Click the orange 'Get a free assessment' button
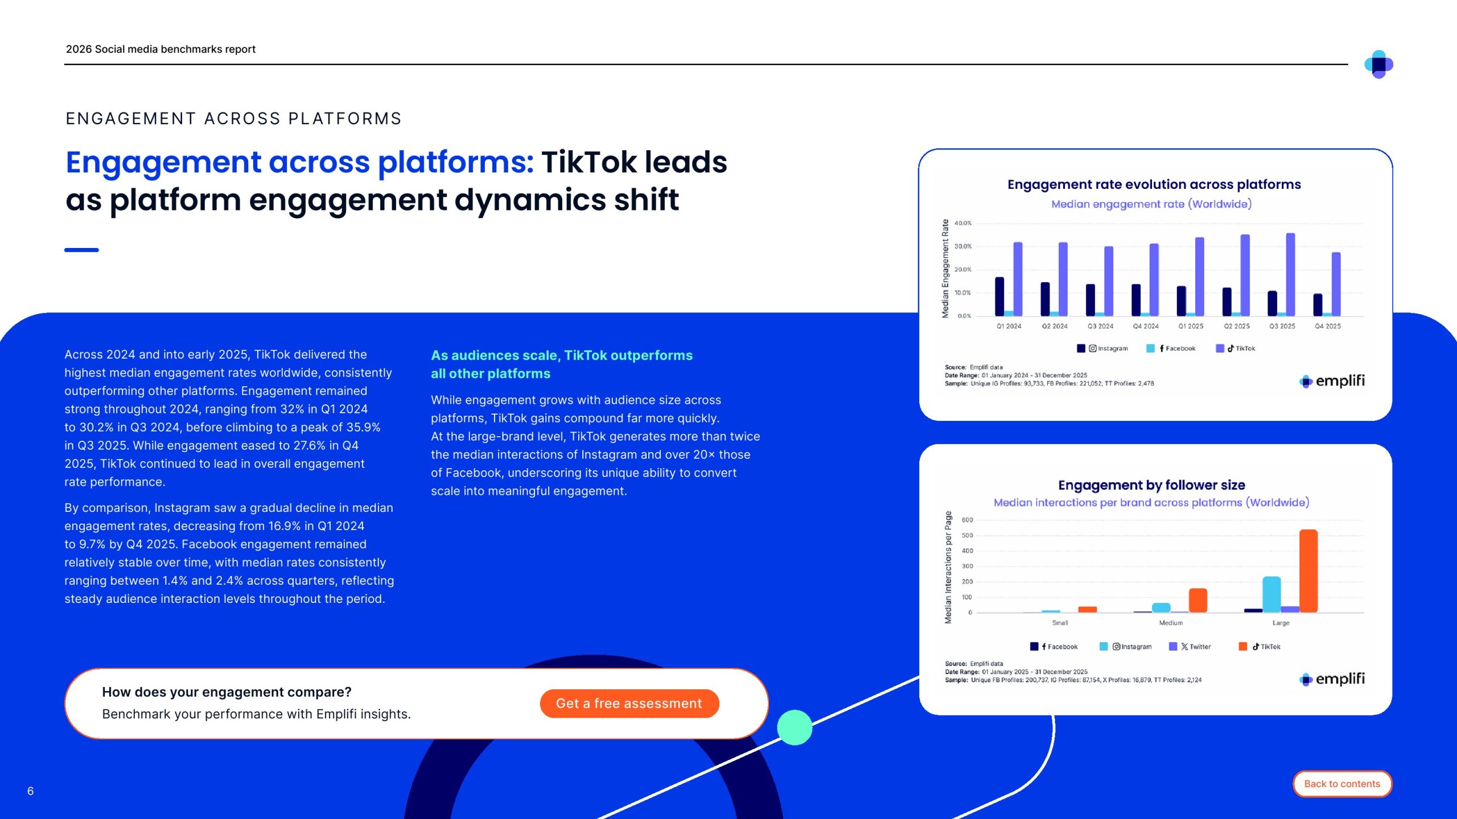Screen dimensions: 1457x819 [x=629, y=704]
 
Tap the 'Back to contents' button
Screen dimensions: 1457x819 [x=1342, y=784]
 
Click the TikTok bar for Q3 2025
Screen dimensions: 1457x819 [x=1290, y=274]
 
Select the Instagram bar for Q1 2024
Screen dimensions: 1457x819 [x=999, y=296]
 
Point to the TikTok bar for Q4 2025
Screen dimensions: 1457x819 [x=1336, y=284]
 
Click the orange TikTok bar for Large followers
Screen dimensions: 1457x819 [x=1308, y=571]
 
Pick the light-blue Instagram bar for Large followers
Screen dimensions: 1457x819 [x=1271, y=594]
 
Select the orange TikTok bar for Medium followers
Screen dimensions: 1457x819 [x=1197, y=600]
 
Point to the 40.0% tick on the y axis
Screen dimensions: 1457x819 [x=963, y=223]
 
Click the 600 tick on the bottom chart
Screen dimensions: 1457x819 [x=967, y=520]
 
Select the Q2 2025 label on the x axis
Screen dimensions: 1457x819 [x=1237, y=326]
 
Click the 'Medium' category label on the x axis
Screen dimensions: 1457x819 [x=1171, y=623]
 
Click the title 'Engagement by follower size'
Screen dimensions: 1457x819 [x=1151, y=485]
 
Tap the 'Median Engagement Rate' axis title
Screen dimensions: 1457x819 [x=945, y=268]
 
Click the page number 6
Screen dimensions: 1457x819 [x=31, y=791]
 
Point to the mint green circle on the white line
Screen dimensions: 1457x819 [x=795, y=727]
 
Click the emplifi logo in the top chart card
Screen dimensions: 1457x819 [x=1332, y=381]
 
